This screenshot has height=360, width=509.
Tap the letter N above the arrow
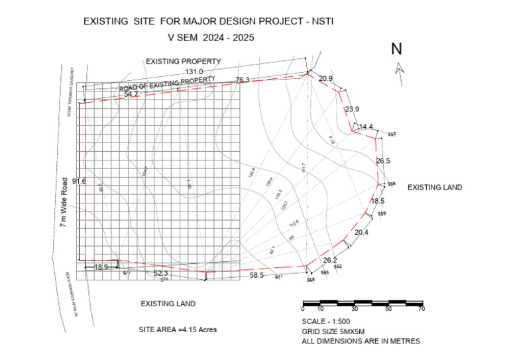click(x=397, y=48)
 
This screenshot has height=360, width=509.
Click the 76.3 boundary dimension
click(x=243, y=80)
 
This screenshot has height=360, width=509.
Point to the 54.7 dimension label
click(x=131, y=95)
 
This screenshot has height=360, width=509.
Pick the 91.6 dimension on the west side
click(x=78, y=181)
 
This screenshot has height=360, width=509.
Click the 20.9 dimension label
click(x=325, y=79)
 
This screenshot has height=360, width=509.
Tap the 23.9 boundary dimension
click(x=352, y=109)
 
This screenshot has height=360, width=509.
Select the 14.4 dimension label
click(x=366, y=127)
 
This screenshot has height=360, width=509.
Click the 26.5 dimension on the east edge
click(x=383, y=160)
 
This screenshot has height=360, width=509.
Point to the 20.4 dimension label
click(x=361, y=233)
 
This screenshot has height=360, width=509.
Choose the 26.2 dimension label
click(x=330, y=260)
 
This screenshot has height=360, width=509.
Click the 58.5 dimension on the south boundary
click(x=256, y=274)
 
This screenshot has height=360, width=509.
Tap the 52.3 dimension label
click(x=160, y=273)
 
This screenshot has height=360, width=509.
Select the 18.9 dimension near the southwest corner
click(x=101, y=267)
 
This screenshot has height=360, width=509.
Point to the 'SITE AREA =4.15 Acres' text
click(x=178, y=330)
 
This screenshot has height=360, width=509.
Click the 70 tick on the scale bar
click(x=421, y=309)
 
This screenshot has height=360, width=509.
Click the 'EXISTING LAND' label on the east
click(x=434, y=188)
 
